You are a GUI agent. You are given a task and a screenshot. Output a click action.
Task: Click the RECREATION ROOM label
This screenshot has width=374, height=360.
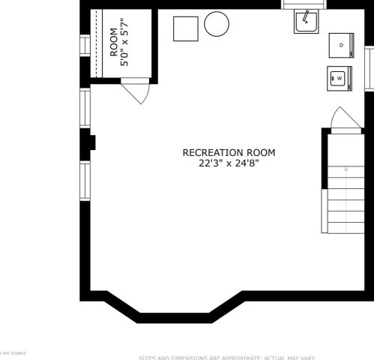click(229, 152)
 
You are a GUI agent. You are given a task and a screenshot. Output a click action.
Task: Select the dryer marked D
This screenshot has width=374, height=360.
click(341, 46)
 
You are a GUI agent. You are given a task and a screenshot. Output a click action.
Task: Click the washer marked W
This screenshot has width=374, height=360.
click(339, 77)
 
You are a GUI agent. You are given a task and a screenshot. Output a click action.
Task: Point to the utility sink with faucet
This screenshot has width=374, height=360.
click(307, 22)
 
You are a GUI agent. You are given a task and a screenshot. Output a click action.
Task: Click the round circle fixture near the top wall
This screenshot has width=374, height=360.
click(217, 25)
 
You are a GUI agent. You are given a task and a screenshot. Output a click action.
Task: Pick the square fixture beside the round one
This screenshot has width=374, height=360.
click(185, 28)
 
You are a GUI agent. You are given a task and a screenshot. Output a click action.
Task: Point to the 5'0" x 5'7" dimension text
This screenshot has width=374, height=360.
click(125, 46)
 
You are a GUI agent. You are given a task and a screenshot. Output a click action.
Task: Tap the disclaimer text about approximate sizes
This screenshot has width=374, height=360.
click(226, 357)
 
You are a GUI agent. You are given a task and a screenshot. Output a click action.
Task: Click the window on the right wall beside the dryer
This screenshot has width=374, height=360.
click(369, 67)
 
